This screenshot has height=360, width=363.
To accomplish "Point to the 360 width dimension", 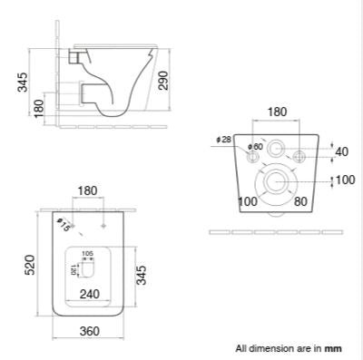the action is pyautogui.click(x=88, y=331).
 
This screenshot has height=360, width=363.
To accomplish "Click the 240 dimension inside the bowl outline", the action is pyautogui.click(x=89, y=293).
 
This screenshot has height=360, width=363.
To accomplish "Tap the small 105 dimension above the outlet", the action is pyautogui.click(x=88, y=254).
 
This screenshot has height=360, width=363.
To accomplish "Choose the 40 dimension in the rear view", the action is pyautogui.click(x=340, y=151).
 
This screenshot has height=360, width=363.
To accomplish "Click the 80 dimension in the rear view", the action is pyautogui.click(x=299, y=199).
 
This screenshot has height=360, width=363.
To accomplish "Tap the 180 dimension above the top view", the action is pyautogui.click(x=88, y=191).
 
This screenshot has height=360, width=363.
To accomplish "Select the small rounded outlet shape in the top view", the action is pyautogui.click(x=88, y=269).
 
